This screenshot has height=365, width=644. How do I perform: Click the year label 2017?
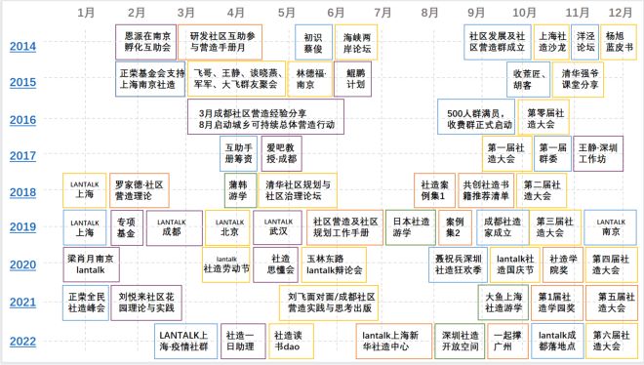pos(23,155)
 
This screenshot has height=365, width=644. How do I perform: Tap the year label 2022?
pos(23,341)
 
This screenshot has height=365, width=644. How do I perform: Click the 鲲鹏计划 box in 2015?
pos(355,78)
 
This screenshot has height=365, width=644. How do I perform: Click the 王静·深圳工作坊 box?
pos(597,153)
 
